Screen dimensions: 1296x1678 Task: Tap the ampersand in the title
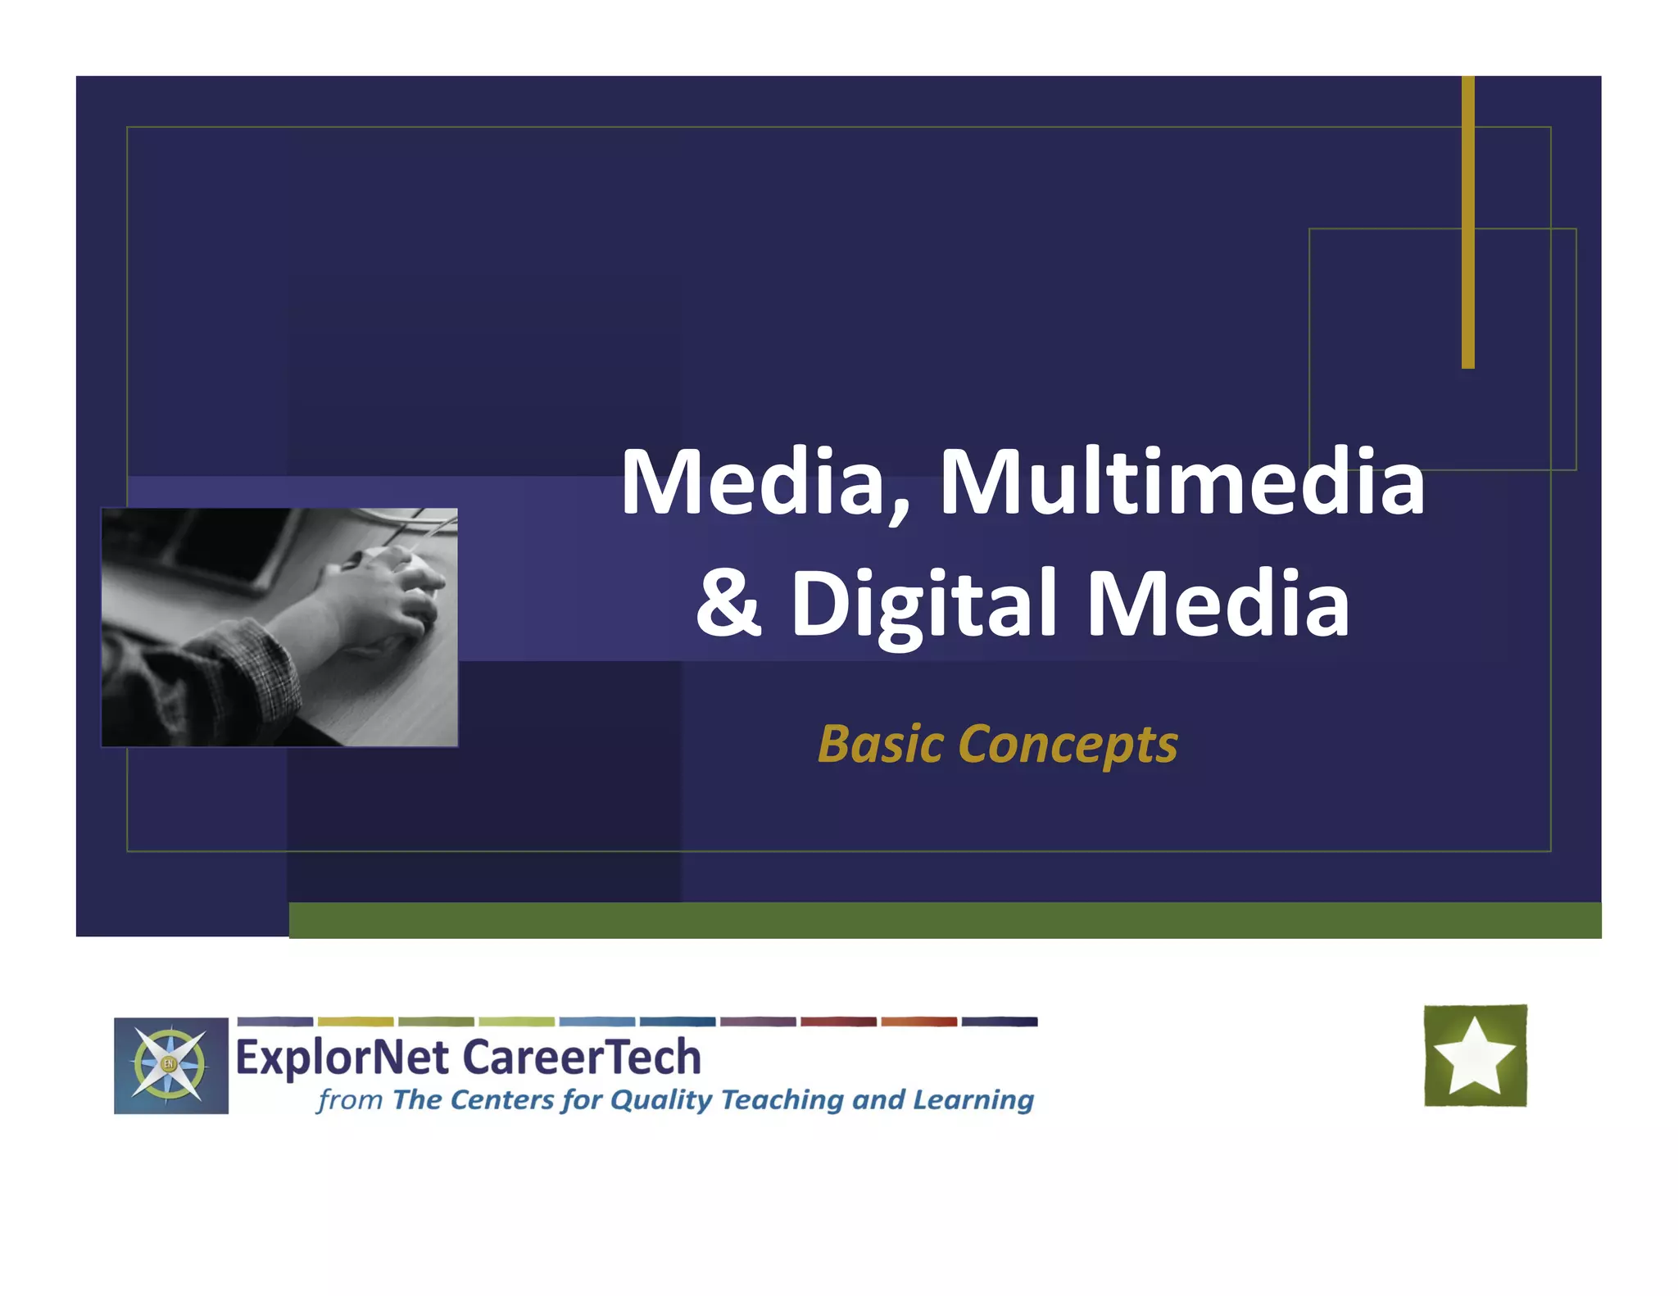click(x=728, y=603)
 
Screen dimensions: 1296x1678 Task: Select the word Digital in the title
click(x=923, y=605)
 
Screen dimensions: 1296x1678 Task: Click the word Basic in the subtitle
click(x=881, y=744)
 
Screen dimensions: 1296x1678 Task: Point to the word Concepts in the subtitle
click(x=1067, y=745)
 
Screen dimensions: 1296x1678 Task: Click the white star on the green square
click(x=1475, y=1056)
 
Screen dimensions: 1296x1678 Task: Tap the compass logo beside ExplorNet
click(x=170, y=1065)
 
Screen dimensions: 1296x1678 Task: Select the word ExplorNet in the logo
click(x=342, y=1058)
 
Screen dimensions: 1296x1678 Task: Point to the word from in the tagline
click(x=350, y=1099)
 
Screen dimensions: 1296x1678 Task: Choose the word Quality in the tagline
click(x=661, y=1100)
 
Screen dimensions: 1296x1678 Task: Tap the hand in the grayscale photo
click(x=385, y=598)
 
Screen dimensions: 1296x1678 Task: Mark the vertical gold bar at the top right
click(x=1467, y=221)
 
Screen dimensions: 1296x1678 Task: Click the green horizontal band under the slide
click(x=942, y=920)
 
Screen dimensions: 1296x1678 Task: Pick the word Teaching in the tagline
click(x=782, y=1100)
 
